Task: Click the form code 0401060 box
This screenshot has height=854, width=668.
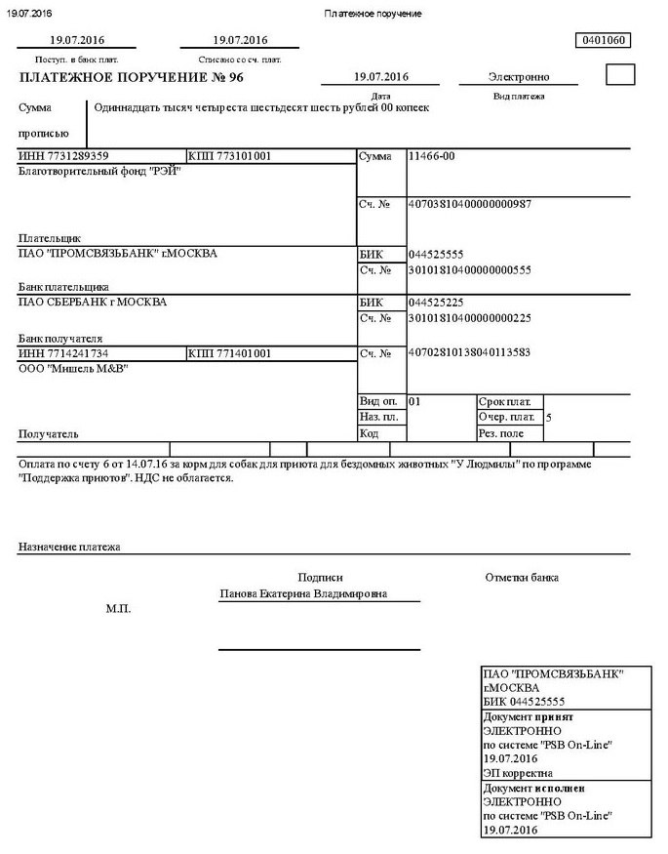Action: pyautogui.click(x=605, y=41)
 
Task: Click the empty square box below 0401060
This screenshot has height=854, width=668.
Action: pyautogui.click(x=620, y=75)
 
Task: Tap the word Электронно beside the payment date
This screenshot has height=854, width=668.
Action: pyautogui.click(x=519, y=77)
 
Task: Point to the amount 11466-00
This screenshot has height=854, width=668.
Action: pyautogui.click(x=431, y=156)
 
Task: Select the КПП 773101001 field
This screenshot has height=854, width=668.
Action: pyautogui.click(x=230, y=156)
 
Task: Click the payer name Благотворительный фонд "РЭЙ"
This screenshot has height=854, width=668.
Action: pyautogui.click(x=100, y=171)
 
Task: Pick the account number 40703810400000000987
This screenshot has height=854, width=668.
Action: pyautogui.click(x=470, y=204)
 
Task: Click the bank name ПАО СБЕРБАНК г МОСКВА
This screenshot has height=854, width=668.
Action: pyautogui.click(x=93, y=302)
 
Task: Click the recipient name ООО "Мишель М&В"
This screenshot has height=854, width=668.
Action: pyautogui.click(x=73, y=368)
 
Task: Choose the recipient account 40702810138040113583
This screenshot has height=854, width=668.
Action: pyautogui.click(x=469, y=351)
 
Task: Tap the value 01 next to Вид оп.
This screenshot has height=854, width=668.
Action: pyautogui.click(x=414, y=401)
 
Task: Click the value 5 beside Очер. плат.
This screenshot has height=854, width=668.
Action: pyautogui.click(x=549, y=417)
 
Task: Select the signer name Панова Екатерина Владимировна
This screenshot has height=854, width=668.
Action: pyautogui.click(x=303, y=593)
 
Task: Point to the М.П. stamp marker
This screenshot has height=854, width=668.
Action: pyautogui.click(x=118, y=609)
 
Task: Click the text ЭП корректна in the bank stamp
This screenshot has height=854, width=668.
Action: pyautogui.click(x=518, y=773)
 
